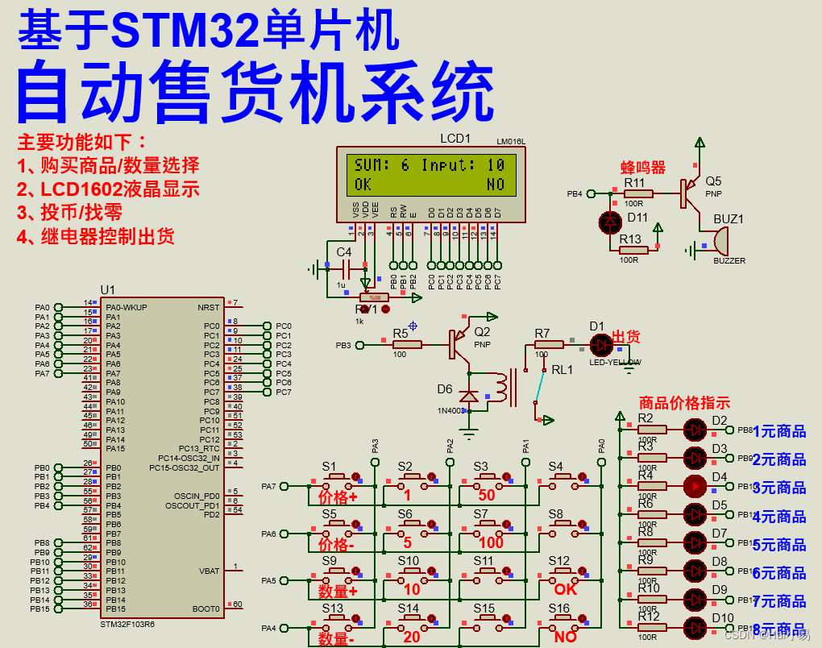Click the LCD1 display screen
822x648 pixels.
point(430,174)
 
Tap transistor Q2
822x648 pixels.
point(456,345)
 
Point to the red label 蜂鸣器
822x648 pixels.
point(642,168)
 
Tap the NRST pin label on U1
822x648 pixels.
point(208,307)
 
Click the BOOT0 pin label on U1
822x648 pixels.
point(205,609)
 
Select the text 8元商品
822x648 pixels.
point(779,629)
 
